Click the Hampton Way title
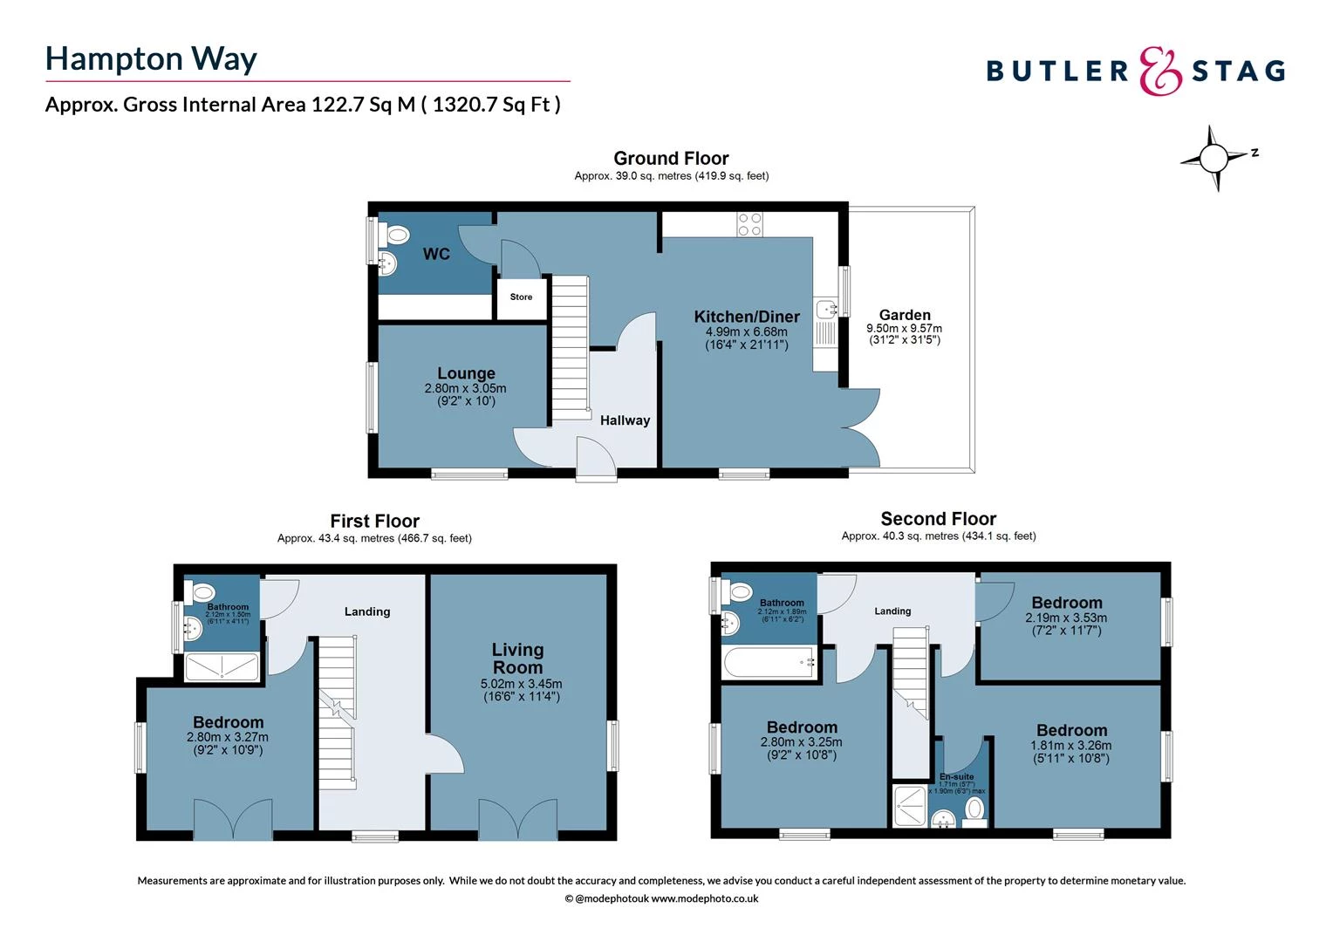pos(151,58)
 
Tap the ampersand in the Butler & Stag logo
pos(1160,71)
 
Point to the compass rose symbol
pos(1213,159)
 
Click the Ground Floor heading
pos(671,158)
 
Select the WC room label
pos(436,254)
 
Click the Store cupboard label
pos(521,297)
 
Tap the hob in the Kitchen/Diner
pos(750,224)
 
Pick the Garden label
pos(905,315)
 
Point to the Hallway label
pos(625,420)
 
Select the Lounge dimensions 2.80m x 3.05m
pos(465,388)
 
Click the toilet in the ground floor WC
pos(397,235)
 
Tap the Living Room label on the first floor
pos(517,659)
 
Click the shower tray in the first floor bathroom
pos(222,667)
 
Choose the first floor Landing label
pos(366,611)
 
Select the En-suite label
pos(956,776)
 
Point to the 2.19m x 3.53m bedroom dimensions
pos(1066,618)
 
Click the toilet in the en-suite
pos(975,810)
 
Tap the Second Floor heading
pos(938,519)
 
